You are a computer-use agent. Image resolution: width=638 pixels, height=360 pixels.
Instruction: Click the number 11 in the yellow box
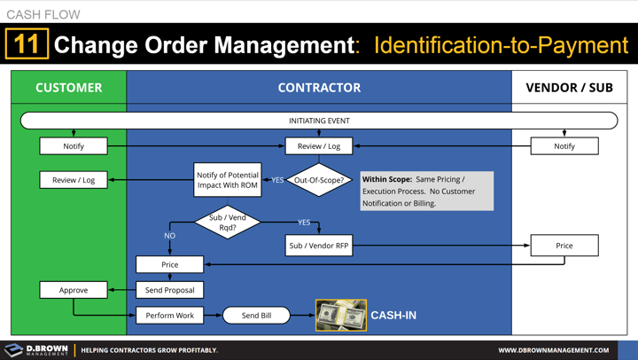(27, 45)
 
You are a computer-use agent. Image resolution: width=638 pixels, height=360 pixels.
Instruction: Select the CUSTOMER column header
(68, 88)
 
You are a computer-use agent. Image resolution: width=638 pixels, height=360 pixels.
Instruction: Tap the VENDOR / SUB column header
(569, 88)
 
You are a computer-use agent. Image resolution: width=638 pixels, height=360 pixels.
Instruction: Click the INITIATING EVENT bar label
(319, 121)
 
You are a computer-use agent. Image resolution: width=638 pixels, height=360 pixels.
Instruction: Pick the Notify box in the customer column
(74, 146)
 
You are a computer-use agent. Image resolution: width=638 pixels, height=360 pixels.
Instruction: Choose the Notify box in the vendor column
(564, 146)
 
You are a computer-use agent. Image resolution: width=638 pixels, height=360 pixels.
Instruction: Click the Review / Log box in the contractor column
(319, 146)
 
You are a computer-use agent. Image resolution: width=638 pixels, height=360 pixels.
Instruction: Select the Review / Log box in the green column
(74, 180)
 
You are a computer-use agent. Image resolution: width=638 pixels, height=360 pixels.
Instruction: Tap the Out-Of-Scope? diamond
(319, 180)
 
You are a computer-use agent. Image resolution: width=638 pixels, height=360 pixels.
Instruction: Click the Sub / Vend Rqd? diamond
(228, 222)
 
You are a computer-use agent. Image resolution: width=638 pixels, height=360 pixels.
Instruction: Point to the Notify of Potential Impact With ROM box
(227, 180)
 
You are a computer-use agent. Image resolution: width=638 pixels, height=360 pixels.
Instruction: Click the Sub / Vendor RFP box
(319, 246)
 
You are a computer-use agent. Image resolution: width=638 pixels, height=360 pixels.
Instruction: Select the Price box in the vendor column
(564, 246)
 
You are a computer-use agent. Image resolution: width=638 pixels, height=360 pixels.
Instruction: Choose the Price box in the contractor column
(169, 264)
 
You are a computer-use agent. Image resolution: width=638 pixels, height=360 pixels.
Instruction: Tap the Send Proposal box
(169, 290)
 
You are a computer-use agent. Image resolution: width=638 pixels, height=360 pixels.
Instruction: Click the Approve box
(74, 290)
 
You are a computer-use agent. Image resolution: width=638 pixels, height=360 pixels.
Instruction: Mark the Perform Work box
(169, 316)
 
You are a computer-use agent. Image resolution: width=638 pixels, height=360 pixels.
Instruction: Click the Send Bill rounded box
(256, 316)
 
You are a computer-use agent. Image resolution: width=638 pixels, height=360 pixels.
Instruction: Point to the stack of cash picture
(341, 316)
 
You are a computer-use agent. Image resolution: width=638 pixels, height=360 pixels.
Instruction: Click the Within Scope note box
(426, 191)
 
